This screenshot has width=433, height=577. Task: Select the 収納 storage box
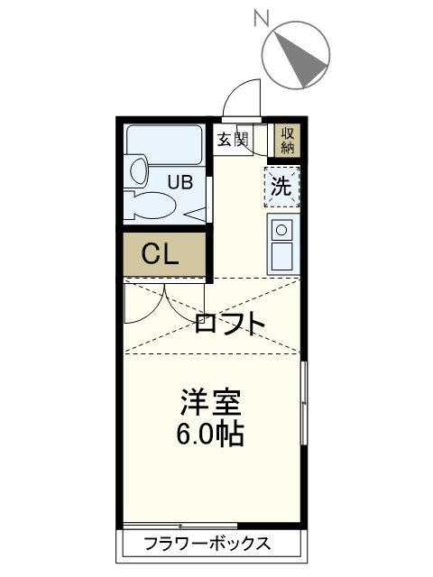click(x=287, y=139)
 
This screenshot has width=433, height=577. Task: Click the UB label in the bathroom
click(x=180, y=182)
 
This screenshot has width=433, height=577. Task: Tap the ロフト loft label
click(x=230, y=323)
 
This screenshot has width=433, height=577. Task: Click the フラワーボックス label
click(x=208, y=544)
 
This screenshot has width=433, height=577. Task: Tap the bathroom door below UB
click(x=193, y=213)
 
